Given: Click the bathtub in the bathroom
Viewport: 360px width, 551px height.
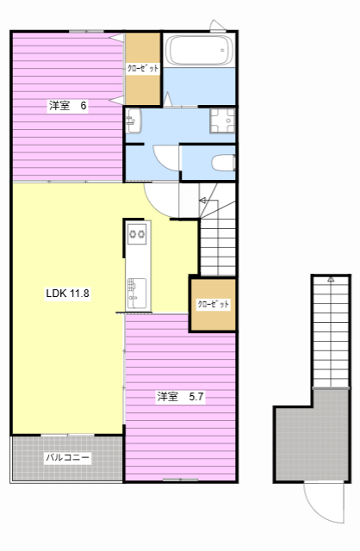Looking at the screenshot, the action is coord(199,50).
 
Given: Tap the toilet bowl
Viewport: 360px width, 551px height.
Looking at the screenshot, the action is coord(224,163).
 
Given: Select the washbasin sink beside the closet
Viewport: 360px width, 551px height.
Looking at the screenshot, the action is coord(133,121).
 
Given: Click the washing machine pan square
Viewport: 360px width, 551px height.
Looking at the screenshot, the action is coord(222,121).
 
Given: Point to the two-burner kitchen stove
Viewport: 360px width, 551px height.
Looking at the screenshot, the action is coord(137,233).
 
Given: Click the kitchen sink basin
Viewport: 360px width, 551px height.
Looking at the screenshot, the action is coord(136,294).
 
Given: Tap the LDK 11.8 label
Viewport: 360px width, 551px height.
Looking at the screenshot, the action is coord(67,293).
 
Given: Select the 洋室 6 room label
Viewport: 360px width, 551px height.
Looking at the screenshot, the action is coord(67,105).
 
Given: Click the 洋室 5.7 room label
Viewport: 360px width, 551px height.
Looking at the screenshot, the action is coord(180,397).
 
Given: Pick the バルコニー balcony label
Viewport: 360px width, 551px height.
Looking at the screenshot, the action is coord(68,457).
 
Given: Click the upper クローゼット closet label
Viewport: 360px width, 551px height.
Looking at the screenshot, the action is coord(143,68).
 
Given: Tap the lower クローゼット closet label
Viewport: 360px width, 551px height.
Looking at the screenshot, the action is coord(213,304).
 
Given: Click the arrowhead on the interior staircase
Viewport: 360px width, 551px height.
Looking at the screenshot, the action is coord(203,201).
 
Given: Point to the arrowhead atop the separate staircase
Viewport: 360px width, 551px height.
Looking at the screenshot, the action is coord(331,279).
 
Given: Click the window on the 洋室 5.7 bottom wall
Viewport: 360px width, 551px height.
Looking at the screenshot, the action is coord(180,480).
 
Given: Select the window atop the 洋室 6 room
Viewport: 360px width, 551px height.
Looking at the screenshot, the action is coord(86,32).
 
